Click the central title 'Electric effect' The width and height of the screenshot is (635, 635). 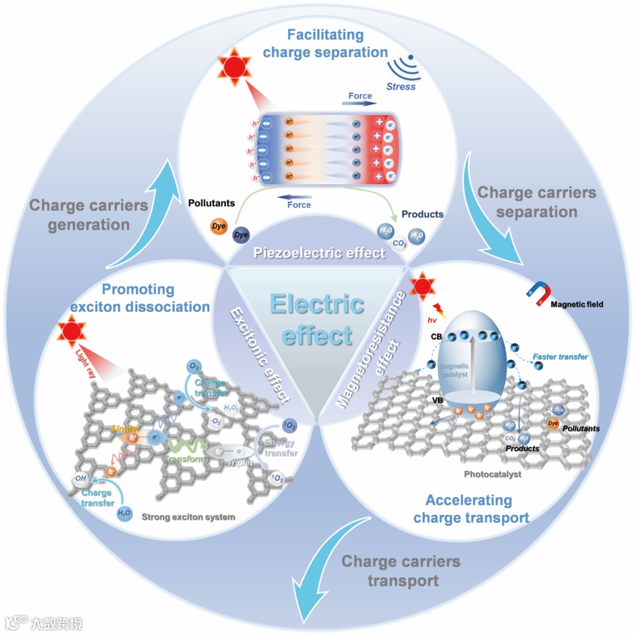(x=317, y=320)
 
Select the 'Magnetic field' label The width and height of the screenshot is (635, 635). (x=577, y=304)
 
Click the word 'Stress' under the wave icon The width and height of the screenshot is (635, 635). (x=401, y=86)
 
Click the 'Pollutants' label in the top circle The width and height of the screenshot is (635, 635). (x=211, y=203)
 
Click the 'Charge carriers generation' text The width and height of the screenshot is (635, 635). (x=89, y=215)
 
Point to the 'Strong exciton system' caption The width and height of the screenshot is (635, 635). (x=188, y=517)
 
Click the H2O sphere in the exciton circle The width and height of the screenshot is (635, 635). (x=124, y=512)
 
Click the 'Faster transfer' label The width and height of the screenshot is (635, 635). (x=560, y=357)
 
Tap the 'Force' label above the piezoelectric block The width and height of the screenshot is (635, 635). (x=360, y=96)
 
